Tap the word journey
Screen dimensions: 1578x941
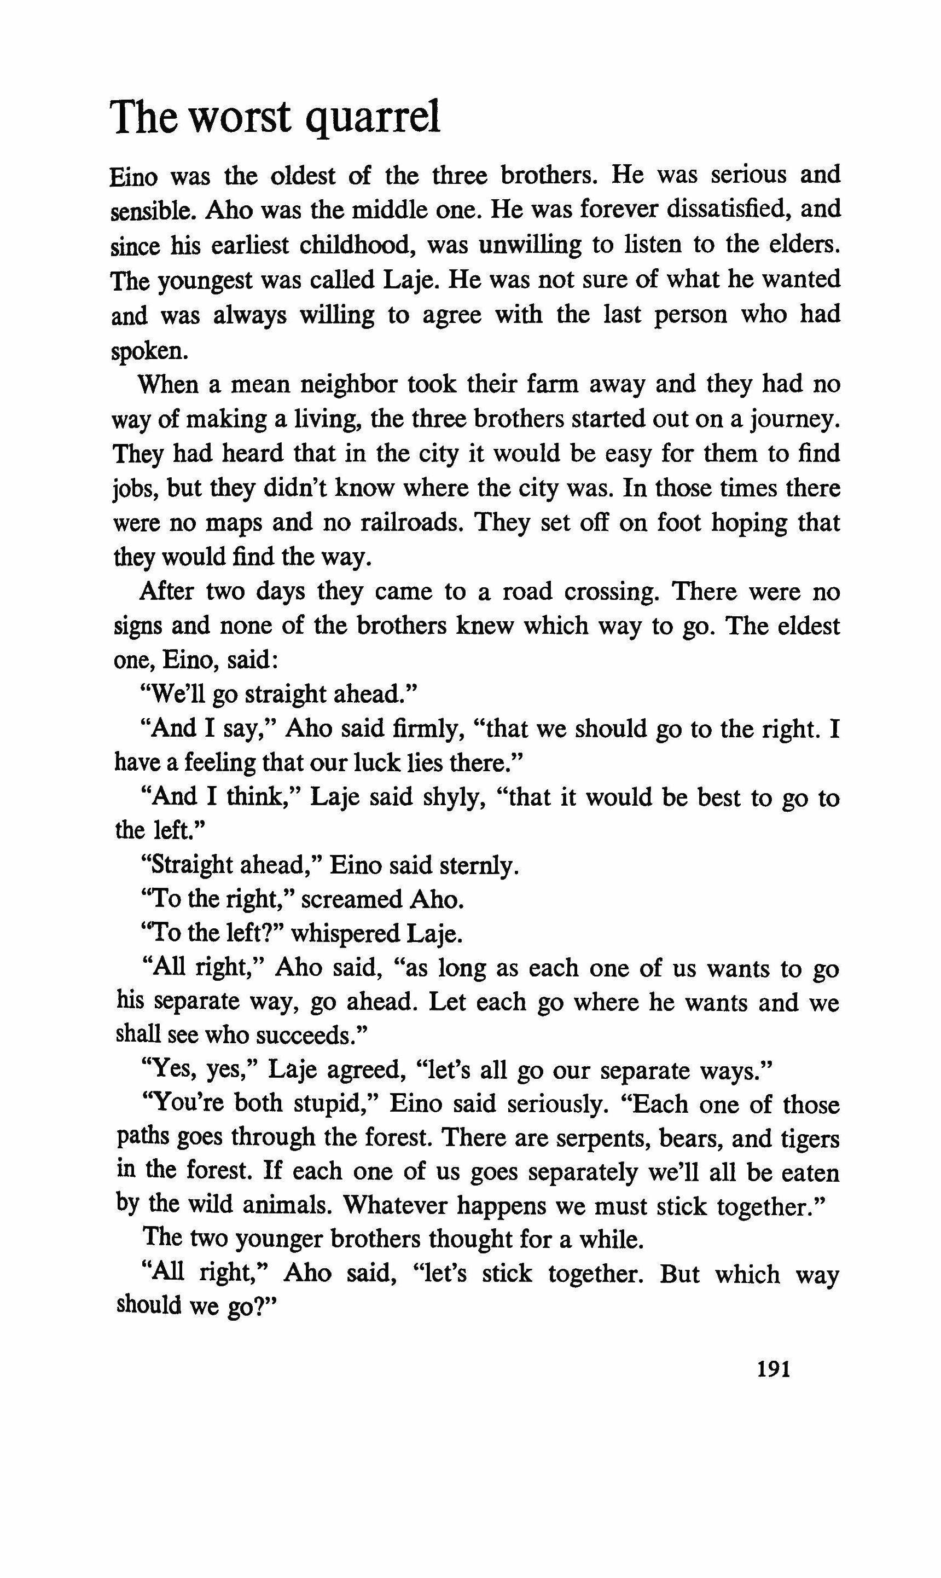(x=795, y=420)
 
